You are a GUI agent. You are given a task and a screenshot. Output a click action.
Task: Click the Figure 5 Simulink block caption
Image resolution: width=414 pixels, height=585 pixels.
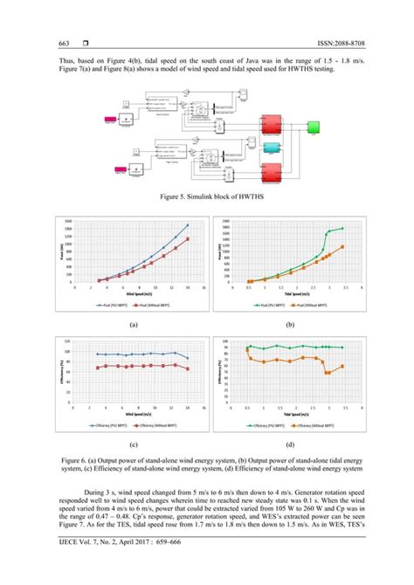click(x=206, y=200)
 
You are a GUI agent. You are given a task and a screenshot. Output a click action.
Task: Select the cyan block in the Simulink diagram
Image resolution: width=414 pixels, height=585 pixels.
click(x=272, y=146)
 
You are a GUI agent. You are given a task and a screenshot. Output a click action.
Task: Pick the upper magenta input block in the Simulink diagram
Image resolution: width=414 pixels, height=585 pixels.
click(x=114, y=119)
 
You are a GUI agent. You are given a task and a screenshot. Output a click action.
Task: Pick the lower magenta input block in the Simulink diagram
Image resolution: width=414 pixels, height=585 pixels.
click(x=114, y=168)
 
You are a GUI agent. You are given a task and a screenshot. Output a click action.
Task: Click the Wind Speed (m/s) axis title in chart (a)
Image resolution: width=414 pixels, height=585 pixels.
click(x=133, y=293)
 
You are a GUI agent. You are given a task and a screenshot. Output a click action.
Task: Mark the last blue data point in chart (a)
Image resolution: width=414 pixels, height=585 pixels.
click(x=187, y=225)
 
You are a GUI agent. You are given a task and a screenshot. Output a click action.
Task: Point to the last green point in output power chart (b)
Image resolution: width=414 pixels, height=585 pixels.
click(x=342, y=229)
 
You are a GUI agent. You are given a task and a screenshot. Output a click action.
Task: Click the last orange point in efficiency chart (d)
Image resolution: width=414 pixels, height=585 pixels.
click(x=342, y=367)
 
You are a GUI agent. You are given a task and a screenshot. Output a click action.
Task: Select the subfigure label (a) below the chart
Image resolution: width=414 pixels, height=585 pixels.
click(x=133, y=323)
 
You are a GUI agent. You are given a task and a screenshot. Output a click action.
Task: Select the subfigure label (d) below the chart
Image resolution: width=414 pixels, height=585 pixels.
click(x=292, y=444)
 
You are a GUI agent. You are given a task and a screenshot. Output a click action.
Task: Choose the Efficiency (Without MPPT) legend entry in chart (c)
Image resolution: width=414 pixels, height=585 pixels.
click(x=159, y=427)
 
